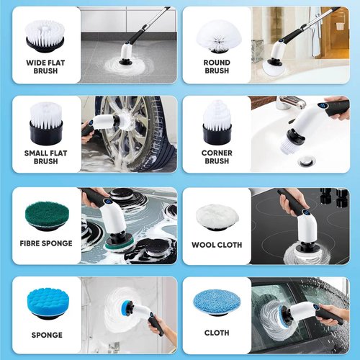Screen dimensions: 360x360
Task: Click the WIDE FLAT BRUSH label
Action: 45,67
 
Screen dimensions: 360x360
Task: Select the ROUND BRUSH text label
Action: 217,67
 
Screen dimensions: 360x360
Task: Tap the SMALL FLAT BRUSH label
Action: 45,157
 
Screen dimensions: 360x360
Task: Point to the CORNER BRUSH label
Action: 217,157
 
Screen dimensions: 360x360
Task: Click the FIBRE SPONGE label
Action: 45,243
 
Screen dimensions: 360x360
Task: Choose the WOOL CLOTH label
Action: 217,245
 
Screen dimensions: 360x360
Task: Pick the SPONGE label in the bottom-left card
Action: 46,335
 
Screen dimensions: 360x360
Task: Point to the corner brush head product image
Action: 217,122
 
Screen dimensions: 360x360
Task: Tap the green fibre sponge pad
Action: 45,215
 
